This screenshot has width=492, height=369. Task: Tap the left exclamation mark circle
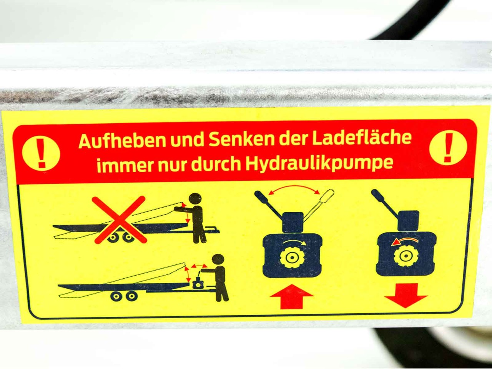tap(41, 153)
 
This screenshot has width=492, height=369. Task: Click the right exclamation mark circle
tap(448, 148)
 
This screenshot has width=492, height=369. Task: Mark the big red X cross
tap(120, 219)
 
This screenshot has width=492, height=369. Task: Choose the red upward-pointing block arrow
tap(292, 297)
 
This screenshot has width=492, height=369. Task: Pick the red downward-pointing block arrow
tap(406, 296)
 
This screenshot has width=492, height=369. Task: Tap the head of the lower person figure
tap(218, 260)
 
